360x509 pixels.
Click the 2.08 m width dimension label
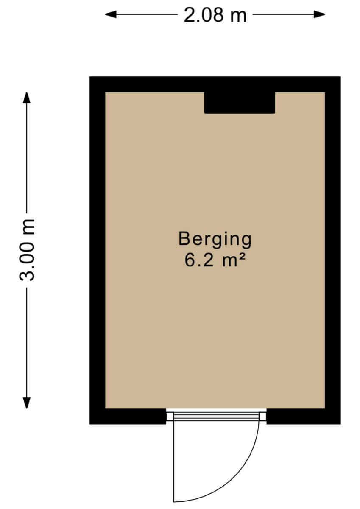pyautogui.click(x=215, y=15)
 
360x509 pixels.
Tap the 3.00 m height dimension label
pyautogui.click(x=27, y=250)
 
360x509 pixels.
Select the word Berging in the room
pyautogui.click(x=215, y=240)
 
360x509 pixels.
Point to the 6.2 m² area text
pyautogui.click(x=215, y=260)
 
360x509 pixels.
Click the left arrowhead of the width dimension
pyautogui.click(x=111, y=14)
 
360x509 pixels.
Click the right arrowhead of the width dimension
pyautogui.click(x=319, y=14)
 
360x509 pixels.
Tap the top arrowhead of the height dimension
pyautogui.click(x=27, y=98)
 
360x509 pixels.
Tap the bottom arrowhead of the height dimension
pyautogui.click(x=27, y=403)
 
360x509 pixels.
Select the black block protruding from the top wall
pyautogui.click(x=240, y=103)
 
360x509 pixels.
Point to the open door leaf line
pyautogui.click(x=174, y=461)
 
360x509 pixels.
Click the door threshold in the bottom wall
pyautogui.click(x=216, y=416)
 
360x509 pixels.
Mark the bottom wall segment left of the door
pyautogui.click(x=128, y=416)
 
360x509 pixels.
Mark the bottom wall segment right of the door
pyautogui.click(x=304, y=416)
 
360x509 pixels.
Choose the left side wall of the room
pyautogui.click(x=97, y=250)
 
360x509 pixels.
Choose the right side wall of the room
pyautogui.click(x=333, y=250)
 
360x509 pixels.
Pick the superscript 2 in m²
pyautogui.click(x=243, y=257)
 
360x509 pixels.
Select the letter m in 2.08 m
pyautogui.click(x=238, y=17)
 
